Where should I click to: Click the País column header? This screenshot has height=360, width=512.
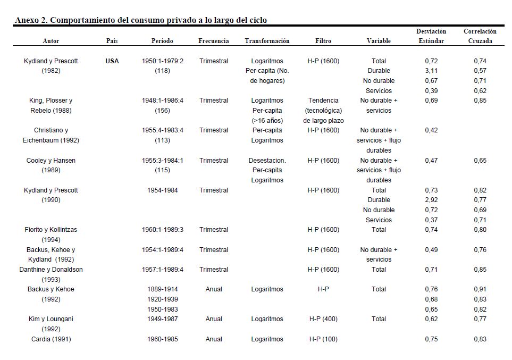[x=112, y=41]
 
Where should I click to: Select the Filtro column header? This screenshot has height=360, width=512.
[x=323, y=41]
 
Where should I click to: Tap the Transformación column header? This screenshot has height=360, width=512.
[x=267, y=41]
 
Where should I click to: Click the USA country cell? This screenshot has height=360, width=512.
[x=112, y=61]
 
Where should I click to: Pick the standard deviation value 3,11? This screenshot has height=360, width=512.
[x=431, y=71]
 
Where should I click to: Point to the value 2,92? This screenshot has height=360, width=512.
[x=431, y=200]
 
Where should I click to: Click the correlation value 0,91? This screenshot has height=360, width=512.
[x=480, y=289]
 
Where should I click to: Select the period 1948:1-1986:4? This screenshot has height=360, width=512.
[x=162, y=101]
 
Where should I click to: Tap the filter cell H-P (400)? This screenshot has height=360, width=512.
[x=323, y=319]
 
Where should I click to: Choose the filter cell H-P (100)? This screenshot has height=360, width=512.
[x=323, y=339]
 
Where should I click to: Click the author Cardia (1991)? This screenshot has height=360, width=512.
[x=51, y=339]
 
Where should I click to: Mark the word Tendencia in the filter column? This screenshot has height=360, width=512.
[x=323, y=101]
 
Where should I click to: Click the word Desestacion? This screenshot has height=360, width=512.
[x=267, y=161]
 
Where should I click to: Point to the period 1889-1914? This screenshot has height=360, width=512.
[x=162, y=289]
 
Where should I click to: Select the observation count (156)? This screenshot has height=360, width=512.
[x=162, y=111]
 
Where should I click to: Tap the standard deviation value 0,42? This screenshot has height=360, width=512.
[x=431, y=130]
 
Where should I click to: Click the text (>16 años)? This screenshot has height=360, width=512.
[x=267, y=121]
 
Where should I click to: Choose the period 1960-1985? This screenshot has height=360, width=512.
[x=162, y=339]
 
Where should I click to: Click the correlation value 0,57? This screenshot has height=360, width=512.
[x=480, y=71]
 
